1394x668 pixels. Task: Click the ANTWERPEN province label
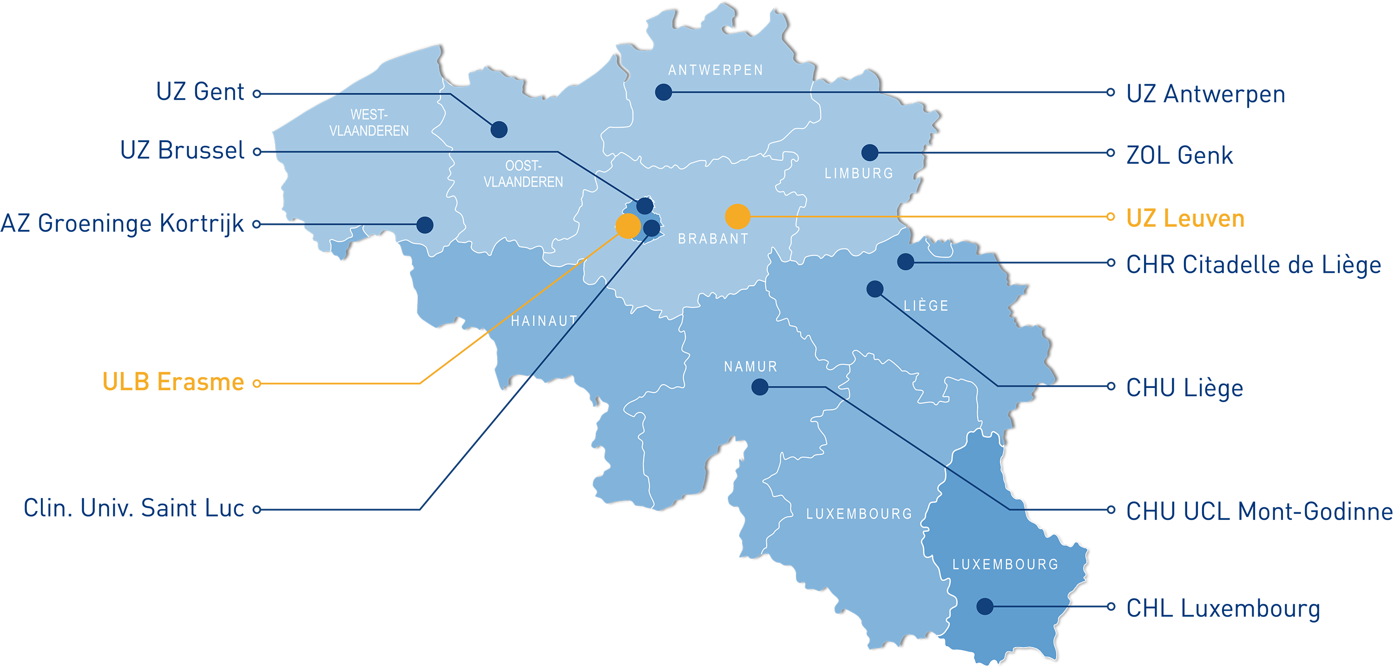coord(716,70)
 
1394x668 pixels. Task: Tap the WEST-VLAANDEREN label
coord(369,123)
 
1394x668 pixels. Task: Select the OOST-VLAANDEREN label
coord(523,174)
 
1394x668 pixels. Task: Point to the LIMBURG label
coord(859,174)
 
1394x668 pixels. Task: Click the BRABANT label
coord(713,238)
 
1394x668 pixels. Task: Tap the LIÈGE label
coord(926,306)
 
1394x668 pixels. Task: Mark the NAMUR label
coord(750,367)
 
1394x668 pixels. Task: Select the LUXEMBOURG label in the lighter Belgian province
coord(859,514)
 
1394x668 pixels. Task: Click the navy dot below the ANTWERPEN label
coord(664,92)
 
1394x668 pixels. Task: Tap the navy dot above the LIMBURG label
coord(870,152)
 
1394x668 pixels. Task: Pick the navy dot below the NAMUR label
coord(760,387)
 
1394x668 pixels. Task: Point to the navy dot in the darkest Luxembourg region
coord(985,606)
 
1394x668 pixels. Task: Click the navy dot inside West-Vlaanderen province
coord(425,224)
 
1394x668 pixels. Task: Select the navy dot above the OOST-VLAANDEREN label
coord(499,130)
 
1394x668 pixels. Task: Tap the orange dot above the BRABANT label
coord(737,216)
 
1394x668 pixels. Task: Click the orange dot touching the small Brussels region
coord(628,226)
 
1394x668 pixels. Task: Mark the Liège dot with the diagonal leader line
coord(875,289)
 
